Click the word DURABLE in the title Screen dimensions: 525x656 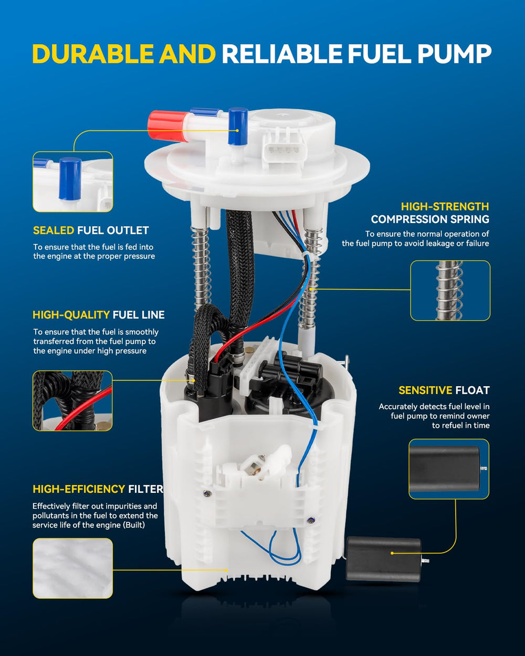pos(93,54)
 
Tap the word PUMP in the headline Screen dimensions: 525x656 pos(454,54)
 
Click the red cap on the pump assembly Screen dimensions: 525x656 pos(168,126)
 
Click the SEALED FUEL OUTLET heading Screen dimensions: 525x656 pos(91,230)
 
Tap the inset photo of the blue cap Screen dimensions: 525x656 pos(72,182)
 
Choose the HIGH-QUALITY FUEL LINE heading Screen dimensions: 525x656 pos(99,314)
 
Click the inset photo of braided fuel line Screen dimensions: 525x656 pos(72,401)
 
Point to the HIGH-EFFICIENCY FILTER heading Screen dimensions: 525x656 pos(98,489)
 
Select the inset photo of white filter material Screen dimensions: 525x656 pos(72,568)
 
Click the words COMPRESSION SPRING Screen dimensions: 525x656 pos(430,219)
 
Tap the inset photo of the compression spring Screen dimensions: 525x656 pos(450,291)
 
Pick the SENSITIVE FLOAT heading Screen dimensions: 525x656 pos(444,390)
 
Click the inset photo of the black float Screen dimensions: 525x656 pos(449,469)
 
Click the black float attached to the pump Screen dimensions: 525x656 pos(384,559)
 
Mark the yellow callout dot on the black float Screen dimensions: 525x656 pos(392,553)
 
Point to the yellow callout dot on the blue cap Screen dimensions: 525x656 pos(237,131)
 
